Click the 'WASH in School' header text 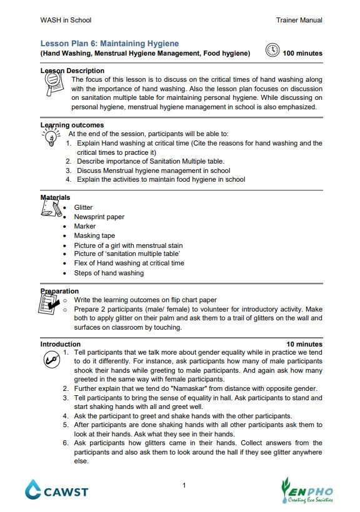(x=66, y=20)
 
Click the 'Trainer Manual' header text (x=299, y=20)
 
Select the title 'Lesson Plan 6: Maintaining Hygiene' (x=109, y=44)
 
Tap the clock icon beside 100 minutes (x=272, y=51)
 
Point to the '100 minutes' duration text (x=302, y=54)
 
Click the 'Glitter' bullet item (x=83, y=207)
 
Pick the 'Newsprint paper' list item (x=99, y=217)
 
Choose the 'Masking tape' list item (x=94, y=235)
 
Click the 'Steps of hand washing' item (x=109, y=273)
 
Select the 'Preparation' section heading (x=59, y=291)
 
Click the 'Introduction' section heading (x=61, y=344)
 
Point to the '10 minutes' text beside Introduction (x=304, y=344)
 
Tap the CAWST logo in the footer (x=56, y=490)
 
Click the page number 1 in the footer (x=184, y=486)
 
